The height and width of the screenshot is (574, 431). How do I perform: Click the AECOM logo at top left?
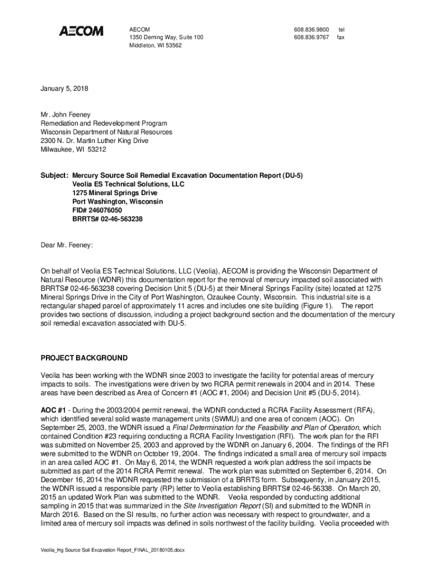pos(81,31)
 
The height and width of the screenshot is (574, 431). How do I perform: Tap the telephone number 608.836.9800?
pos(311,29)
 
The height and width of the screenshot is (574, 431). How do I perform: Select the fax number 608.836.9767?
pos(311,37)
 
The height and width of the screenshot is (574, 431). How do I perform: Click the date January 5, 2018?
pos(64,89)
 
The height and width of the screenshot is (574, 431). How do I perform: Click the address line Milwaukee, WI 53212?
pos(73,150)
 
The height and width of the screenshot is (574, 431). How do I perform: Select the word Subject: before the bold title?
pos(54,175)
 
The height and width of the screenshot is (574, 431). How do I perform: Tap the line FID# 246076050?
pos(97,210)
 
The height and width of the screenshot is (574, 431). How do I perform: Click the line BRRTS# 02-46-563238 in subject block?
pos(107,219)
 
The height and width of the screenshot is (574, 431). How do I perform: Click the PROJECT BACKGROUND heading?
pos(84,358)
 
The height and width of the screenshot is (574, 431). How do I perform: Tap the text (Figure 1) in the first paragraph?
pos(316,305)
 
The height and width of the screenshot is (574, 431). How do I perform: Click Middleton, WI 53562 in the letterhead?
pos(155,45)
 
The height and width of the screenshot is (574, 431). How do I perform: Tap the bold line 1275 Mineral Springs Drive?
pos(115,193)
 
